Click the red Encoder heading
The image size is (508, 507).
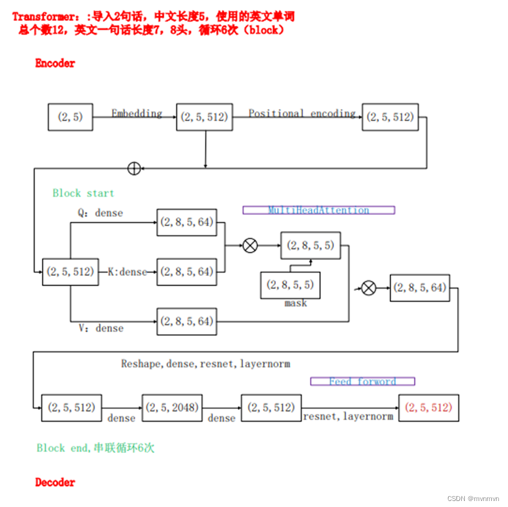(x=55, y=63)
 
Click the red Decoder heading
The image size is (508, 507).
(x=55, y=482)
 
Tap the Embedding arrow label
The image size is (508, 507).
(x=137, y=113)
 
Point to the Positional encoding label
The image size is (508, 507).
(x=302, y=113)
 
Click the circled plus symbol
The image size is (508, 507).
(x=134, y=169)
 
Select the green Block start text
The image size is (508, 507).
(x=83, y=193)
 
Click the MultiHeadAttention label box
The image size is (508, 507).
(x=318, y=210)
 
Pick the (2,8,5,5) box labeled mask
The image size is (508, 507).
(x=290, y=285)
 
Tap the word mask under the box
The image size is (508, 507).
(x=296, y=303)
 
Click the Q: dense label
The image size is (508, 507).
(x=100, y=212)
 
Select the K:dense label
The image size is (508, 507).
(x=127, y=272)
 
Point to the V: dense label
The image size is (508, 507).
(x=101, y=328)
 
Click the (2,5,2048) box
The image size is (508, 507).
(x=171, y=407)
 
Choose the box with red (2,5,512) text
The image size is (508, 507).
(x=428, y=407)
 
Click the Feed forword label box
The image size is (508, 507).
(x=362, y=381)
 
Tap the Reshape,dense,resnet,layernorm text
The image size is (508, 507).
(x=205, y=364)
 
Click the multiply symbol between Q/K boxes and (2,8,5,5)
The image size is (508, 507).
(x=250, y=245)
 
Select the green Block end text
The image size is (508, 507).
(x=95, y=448)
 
